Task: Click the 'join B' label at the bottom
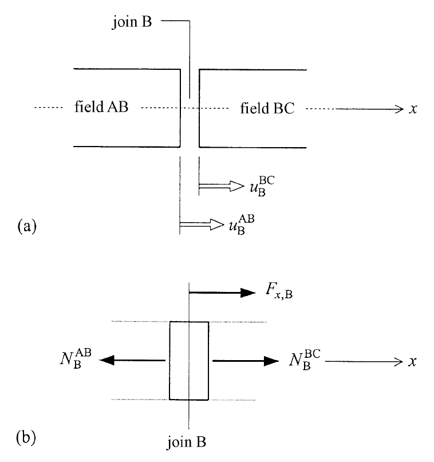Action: [x=189, y=442]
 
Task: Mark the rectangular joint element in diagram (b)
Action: [x=189, y=361]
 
